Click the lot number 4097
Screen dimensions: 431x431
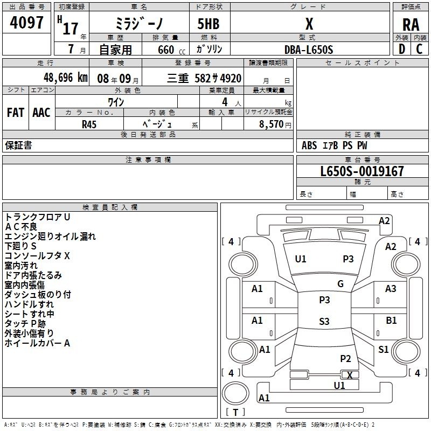coord(26,23)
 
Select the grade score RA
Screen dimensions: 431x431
coord(411,25)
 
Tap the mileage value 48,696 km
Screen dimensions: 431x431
coord(66,78)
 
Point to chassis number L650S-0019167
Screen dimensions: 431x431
coord(362,171)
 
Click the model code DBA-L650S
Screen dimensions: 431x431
coord(309,50)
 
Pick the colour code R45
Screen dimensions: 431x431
coord(89,124)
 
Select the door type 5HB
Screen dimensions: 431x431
coord(208,24)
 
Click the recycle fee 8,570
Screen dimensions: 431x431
coord(271,124)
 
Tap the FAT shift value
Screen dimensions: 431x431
coord(16,113)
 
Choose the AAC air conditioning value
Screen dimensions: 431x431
coord(41,113)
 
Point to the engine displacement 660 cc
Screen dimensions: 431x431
coord(171,50)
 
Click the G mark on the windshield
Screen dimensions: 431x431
coord(340,284)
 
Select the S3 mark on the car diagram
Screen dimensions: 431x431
coord(324,321)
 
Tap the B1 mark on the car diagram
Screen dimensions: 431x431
coord(391,320)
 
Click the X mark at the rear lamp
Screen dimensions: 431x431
coord(350,375)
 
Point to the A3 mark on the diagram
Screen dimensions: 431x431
coord(391,289)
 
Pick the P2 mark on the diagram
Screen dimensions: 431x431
coord(345,358)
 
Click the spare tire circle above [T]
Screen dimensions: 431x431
coord(235,393)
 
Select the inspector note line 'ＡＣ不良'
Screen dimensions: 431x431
coord(21,227)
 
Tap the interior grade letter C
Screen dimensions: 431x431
coord(420,49)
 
